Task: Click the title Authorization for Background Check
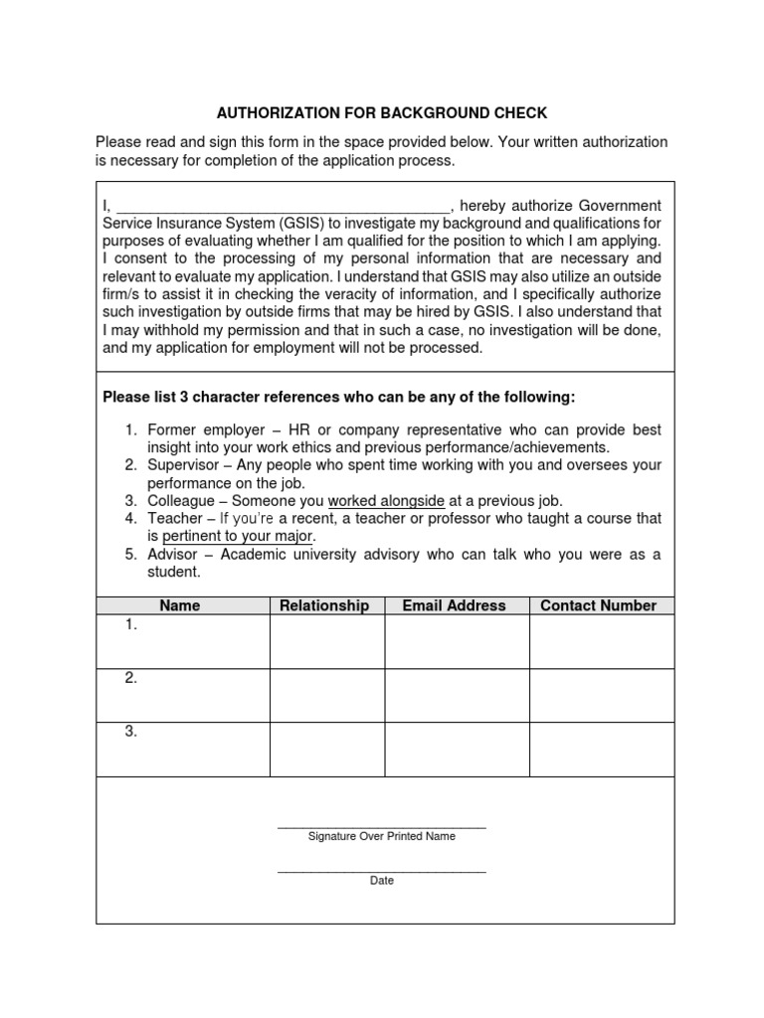[382, 113]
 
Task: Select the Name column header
[180, 605]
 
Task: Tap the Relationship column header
[324, 605]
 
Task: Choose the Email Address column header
[454, 605]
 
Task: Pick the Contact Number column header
[598, 605]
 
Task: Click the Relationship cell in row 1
[326, 641]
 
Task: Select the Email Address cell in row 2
[457, 695]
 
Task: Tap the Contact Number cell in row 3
[601, 749]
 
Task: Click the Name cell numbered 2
[183, 695]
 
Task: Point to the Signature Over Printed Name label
[382, 837]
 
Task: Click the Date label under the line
[382, 881]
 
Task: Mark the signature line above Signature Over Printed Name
[382, 827]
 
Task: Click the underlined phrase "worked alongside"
[386, 501]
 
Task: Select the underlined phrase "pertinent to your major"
[238, 537]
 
